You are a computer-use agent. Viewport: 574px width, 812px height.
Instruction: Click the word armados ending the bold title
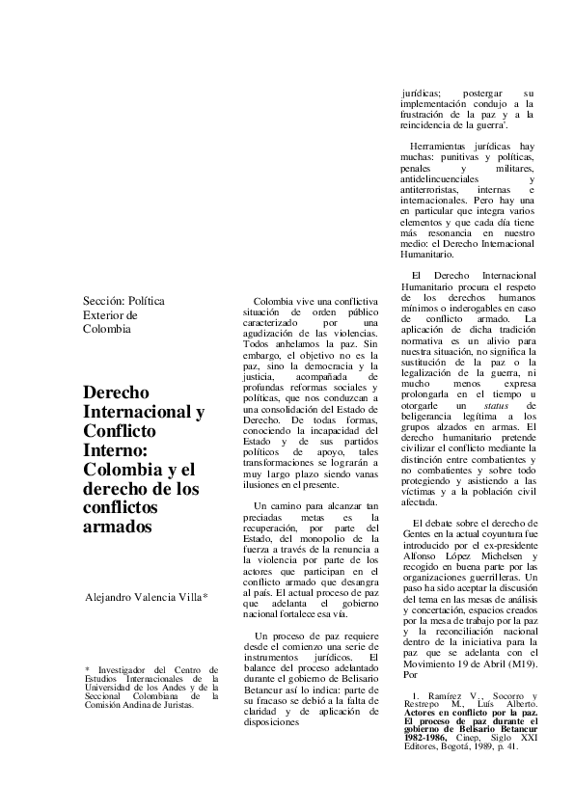pos(119,528)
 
